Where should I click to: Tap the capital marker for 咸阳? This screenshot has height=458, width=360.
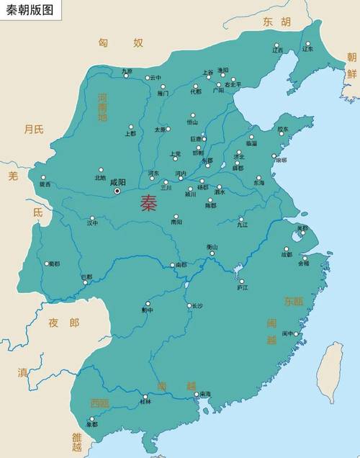[117, 191]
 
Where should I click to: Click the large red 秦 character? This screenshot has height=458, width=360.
[149, 203]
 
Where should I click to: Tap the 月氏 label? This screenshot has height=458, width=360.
[34, 130]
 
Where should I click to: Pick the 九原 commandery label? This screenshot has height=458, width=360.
[127, 71]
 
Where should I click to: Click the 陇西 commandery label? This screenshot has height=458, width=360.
[45, 184]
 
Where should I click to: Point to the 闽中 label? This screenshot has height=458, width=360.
[288, 333]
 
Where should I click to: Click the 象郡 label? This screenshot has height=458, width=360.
[91, 424]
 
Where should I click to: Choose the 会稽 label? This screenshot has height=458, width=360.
[303, 263]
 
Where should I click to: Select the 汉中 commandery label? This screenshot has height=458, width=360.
[92, 223]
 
